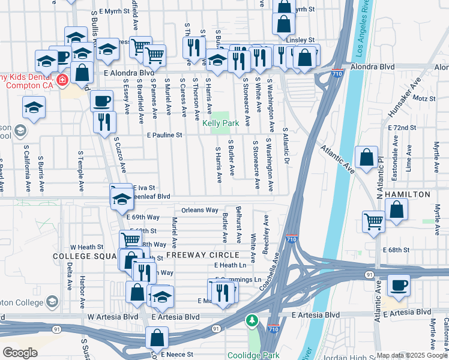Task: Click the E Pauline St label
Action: click(x=164, y=136)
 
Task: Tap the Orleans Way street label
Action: click(x=200, y=211)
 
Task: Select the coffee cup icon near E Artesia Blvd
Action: click(x=399, y=285)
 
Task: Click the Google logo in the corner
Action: click(x=20, y=353)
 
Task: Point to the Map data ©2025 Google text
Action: click(x=411, y=355)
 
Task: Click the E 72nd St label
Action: click(x=402, y=128)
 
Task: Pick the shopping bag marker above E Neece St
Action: click(x=157, y=338)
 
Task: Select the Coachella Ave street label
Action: click(x=274, y=270)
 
